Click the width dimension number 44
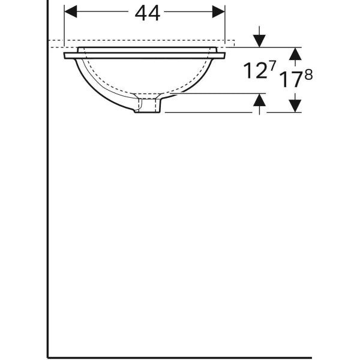148,13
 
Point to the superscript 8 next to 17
309,74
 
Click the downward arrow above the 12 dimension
259,40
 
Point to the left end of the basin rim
66,55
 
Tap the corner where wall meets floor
48,357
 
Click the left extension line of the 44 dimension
64,27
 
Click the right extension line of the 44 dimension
225,27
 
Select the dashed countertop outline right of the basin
230,43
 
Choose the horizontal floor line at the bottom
180,357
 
